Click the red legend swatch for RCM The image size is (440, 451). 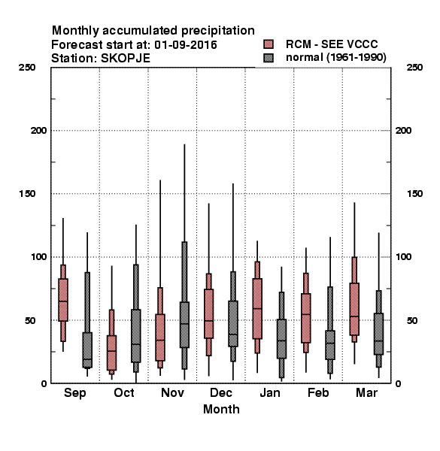tap(269, 44)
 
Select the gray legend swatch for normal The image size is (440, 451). tap(269, 58)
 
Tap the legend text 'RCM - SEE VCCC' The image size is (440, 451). tap(332, 44)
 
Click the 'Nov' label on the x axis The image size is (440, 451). tap(172, 392)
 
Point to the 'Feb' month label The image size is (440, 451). tap(318, 392)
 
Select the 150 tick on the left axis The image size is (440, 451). tap(27, 194)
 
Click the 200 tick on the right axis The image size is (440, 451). tap(403, 131)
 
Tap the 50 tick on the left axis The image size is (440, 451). tap(30, 320)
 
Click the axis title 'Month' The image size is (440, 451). tap(221, 410)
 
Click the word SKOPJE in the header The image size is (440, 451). tap(126, 59)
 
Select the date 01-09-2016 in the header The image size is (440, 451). tap(186, 45)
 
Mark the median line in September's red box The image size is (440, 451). tap(63, 301)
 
